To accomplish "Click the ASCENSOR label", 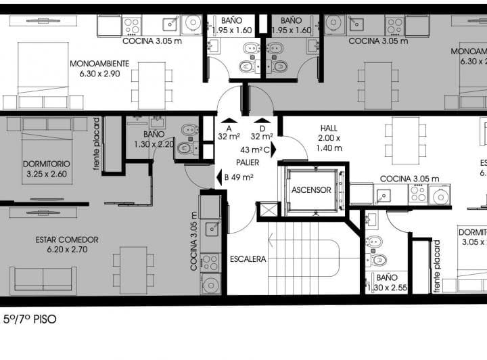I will [x=311, y=190].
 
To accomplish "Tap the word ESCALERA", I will [x=248, y=258].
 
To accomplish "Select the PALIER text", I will [x=248, y=162].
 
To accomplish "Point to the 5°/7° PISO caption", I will [x=30, y=319].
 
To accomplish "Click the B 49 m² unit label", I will [x=238, y=178].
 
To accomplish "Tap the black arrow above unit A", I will [x=225, y=120].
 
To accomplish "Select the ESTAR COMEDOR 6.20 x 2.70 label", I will [x=67, y=244].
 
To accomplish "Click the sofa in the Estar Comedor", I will [x=42, y=279].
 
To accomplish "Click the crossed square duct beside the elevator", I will [x=268, y=209].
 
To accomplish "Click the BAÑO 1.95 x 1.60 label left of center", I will [x=231, y=26].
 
